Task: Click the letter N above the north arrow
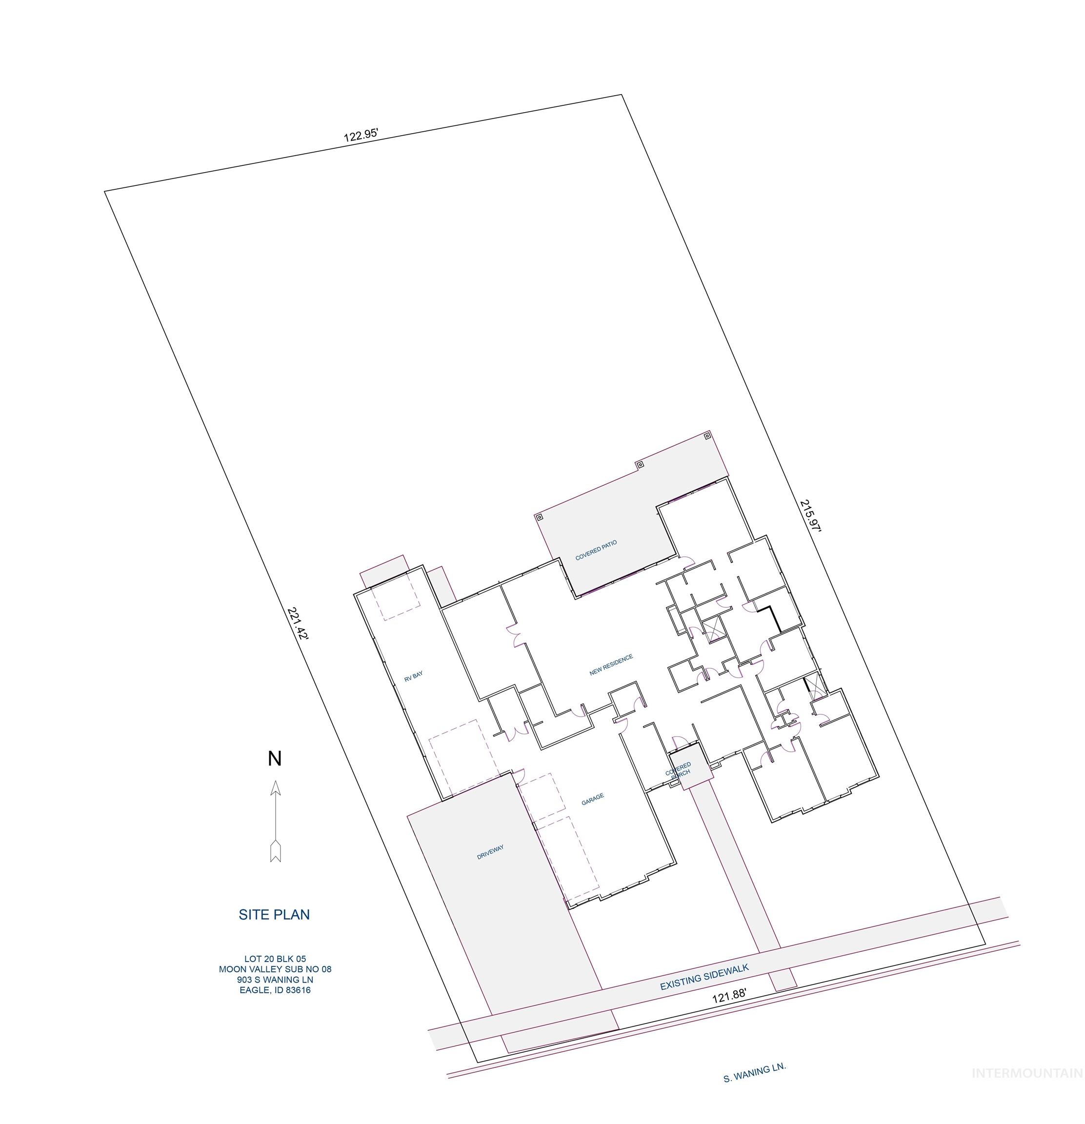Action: [275, 759]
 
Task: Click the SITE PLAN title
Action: [274, 915]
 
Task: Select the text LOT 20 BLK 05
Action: [275, 959]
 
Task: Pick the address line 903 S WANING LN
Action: [275, 980]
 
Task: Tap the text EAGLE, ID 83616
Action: [275, 990]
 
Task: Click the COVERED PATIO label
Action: [596, 550]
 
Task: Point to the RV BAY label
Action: [413, 677]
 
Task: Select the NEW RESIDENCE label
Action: [611, 664]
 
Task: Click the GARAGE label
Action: [592, 800]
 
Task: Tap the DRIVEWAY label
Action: [490, 852]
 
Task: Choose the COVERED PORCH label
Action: [679, 769]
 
